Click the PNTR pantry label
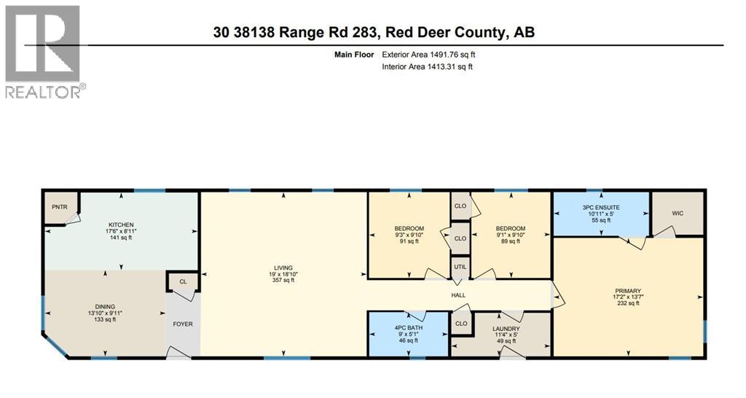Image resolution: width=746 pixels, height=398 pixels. point(59,207)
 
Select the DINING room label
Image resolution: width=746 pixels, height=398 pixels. point(105,306)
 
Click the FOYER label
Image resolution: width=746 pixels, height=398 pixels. point(183,324)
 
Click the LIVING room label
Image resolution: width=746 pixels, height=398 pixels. point(283,268)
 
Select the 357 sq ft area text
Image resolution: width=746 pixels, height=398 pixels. point(283,280)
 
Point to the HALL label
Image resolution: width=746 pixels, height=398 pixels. point(458,294)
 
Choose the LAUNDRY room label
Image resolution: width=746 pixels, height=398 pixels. point(506,329)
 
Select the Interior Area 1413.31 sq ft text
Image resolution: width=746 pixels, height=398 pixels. point(428,67)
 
